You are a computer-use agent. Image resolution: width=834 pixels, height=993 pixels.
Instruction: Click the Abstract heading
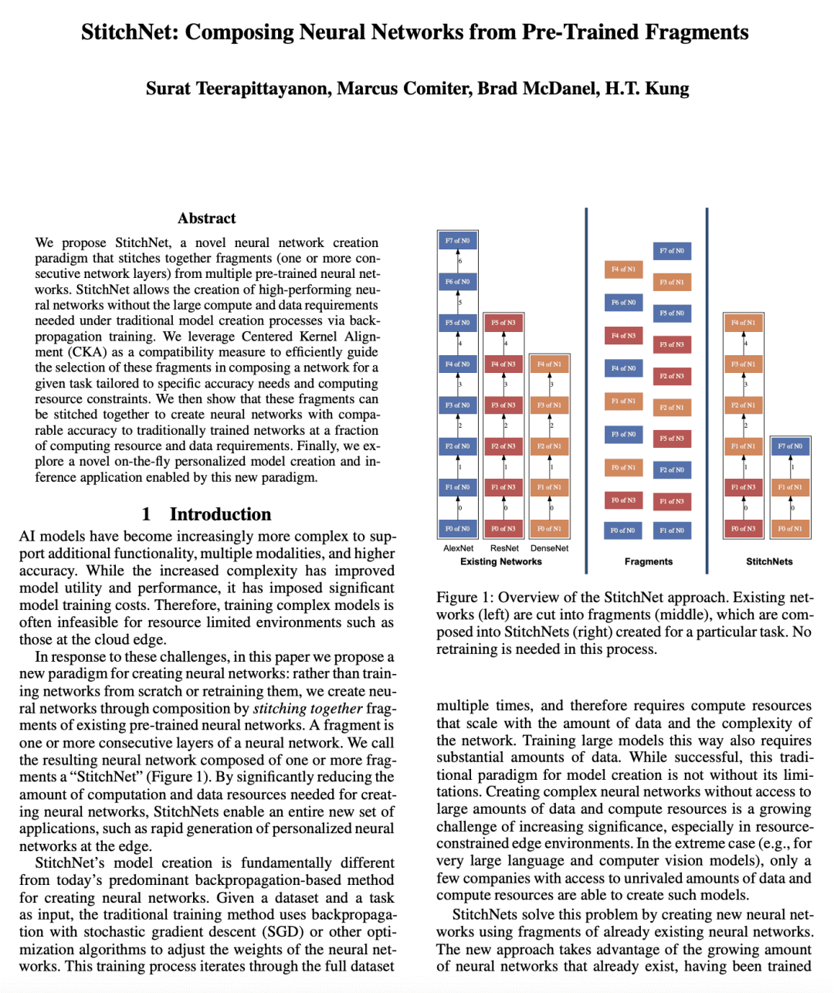pyautogui.click(x=206, y=219)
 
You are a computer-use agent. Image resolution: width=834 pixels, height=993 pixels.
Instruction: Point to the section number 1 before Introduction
pyautogui.click(x=146, y=514)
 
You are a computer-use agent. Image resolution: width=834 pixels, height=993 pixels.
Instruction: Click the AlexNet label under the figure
pyautogui.click(x=458, y=548)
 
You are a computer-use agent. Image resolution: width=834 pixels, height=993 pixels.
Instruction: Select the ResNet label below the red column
pyautogui.click(x=504, y=548)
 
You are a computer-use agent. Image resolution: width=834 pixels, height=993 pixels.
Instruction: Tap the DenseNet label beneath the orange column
pyautogui.click(x=549, y=548)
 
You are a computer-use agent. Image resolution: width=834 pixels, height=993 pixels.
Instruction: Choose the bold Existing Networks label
pyautogui.click(x=500, y=561)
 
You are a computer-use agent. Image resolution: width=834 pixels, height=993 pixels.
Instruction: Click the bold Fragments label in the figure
pyautogui.click(x=648, y=561)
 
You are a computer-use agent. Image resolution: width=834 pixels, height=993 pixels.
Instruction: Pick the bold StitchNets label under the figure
pyautogui.click(x=769, y=561)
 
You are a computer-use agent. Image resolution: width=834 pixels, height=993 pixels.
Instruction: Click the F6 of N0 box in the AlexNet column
pyautogui.click(x=457, y=282)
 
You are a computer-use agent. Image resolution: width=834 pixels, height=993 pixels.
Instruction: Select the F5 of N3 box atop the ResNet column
pyautogui.click(x=503, y=323)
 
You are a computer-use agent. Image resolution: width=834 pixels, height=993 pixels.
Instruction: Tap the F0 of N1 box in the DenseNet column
pyautogui.click(x=549, y=529)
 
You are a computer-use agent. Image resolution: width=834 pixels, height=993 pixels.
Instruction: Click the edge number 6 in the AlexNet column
pyautogui.click(x=460, y=262)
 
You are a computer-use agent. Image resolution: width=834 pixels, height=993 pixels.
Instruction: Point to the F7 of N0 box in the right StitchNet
pyautogui.click(x=790, y=446)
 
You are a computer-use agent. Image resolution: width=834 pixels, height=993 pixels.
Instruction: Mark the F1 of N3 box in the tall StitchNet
pyautogui.click(x=744, y=487)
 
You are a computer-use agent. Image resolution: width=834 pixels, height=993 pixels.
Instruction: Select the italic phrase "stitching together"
pyautogui.click(x=308, y=708)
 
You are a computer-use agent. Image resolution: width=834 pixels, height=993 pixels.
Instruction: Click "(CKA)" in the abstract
pyautogui.click(x=87, y=352)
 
